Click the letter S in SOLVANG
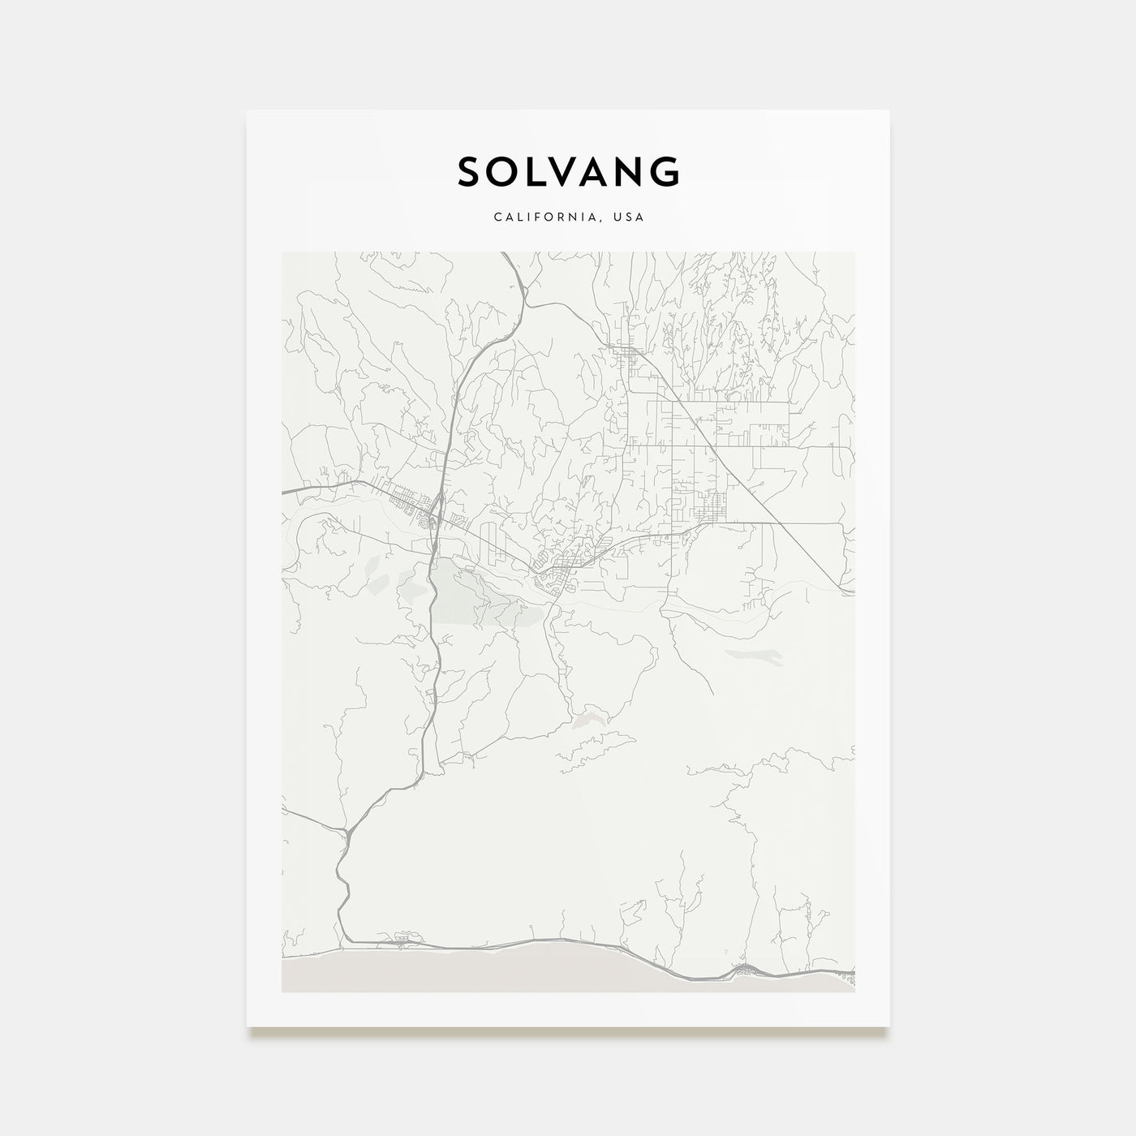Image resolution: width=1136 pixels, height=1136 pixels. pos(472,172)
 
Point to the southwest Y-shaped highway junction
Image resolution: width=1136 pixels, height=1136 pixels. pos(347,832)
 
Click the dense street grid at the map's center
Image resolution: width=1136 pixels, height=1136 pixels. pos(560,568)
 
